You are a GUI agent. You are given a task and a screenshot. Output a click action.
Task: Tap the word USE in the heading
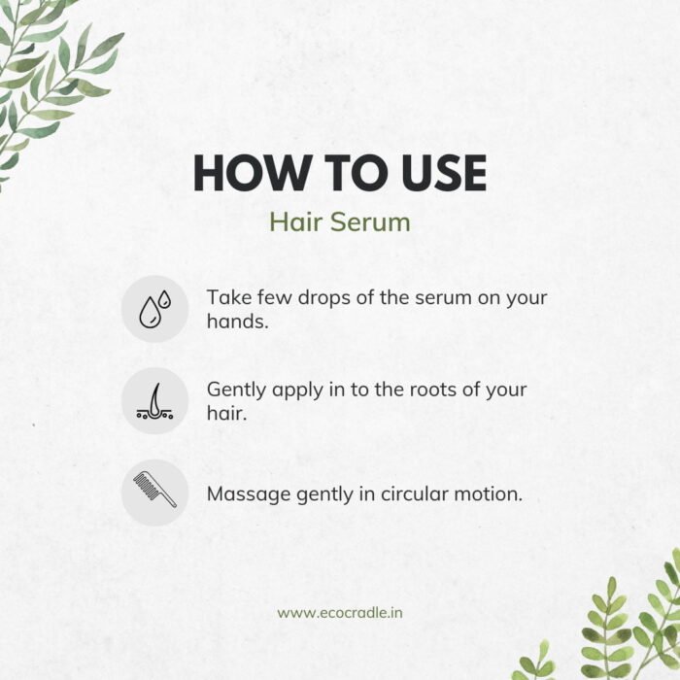[444, 173]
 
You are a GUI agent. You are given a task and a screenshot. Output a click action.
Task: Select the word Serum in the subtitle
[370, 222]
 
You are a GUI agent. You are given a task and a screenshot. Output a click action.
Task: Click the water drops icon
[154, 309]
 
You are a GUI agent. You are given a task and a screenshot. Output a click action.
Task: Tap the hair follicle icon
[154, 401]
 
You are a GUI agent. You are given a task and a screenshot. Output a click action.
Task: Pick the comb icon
[154, 490]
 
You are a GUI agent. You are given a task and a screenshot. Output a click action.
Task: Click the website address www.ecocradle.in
[340, 613]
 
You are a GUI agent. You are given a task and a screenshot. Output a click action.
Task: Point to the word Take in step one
[229, 297]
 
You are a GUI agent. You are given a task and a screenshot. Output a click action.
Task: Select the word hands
[238, 322]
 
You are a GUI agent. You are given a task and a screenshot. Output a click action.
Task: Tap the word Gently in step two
[236, 390]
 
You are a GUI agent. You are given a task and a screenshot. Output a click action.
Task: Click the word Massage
[249, 494]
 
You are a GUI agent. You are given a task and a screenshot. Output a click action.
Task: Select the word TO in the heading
[356, 173]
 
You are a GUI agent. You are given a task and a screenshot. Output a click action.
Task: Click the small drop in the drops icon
[164, 299]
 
